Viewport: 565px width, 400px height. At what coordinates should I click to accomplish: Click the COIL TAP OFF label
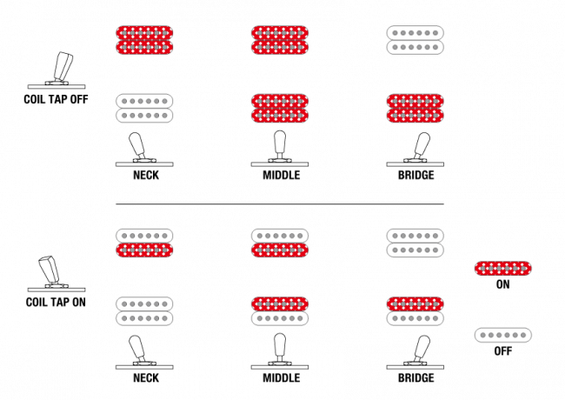56,99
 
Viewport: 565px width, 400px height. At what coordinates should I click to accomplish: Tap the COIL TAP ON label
56,302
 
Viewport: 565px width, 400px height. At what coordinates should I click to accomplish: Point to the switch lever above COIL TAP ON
56,273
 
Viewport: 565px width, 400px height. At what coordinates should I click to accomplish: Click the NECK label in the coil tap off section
146,175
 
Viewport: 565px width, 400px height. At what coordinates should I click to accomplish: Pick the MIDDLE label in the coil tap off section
282,175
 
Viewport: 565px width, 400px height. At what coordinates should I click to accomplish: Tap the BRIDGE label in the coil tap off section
415,175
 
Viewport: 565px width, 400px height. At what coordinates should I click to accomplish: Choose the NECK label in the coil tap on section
146,377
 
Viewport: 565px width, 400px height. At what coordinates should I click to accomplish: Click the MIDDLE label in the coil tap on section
282,377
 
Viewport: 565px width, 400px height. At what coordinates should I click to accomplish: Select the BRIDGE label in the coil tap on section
415,377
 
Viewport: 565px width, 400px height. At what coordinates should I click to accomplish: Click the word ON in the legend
502,284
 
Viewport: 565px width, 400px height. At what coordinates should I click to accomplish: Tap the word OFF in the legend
503,351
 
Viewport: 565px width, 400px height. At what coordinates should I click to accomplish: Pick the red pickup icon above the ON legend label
503,269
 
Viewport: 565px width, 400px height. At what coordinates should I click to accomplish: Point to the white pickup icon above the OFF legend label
503,335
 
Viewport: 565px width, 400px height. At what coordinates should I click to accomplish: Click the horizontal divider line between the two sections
280,204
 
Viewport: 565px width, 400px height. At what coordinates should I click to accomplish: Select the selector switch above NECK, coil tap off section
144,150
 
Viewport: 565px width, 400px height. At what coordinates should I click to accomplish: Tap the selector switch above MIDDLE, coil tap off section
280,149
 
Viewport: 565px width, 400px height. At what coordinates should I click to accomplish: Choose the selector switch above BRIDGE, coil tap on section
415,352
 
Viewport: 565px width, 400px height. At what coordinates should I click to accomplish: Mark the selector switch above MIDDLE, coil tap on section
280,351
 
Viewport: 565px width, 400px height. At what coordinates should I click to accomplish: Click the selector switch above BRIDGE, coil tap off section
415,150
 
